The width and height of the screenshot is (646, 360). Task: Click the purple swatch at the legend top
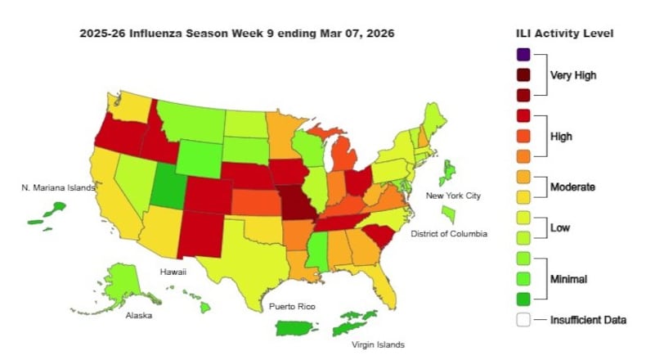(x=523, y=56)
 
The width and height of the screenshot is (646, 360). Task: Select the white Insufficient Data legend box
(x=523, y=320)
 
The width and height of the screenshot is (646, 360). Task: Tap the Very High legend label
(x=572, y=75)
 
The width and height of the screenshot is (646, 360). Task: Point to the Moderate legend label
(x=572, y=187)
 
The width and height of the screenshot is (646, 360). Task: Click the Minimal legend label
(x=572, y=278)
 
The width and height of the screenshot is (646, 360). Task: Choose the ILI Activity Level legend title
(x=564, y=34)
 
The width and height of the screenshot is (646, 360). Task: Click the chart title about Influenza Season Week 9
(x=237, y=34)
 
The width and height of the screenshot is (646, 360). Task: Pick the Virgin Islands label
(x=378, y=344)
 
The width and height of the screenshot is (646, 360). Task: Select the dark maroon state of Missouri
(x=298, y=205)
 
